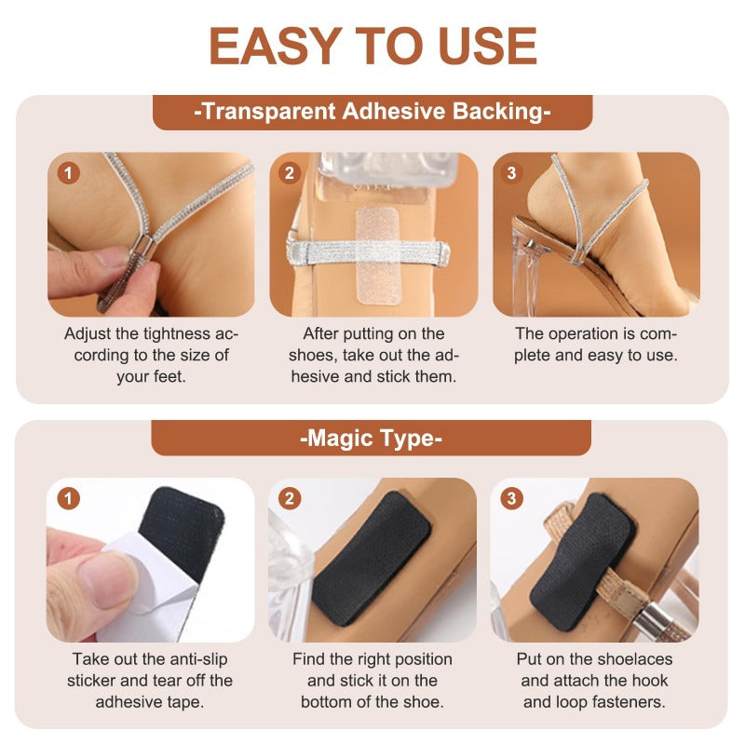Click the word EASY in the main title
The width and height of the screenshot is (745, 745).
(x=275, y=46)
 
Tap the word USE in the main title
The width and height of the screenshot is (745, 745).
(x=487, y=46)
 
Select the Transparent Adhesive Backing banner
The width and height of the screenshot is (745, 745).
(x=372, y=112)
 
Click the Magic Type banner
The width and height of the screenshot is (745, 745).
(x=371, y=438)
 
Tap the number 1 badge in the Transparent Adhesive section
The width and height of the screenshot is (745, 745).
(x=68, y=173)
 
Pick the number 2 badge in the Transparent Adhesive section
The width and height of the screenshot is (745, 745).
(x=290, y=173)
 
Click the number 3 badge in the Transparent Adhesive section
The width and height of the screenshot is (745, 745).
(x=511, y=173)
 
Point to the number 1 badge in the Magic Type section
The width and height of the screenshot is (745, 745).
(x=68, y=499)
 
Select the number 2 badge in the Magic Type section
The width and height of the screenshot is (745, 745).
(x=290, y=499)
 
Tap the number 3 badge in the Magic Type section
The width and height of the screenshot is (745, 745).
(x=511, y=499)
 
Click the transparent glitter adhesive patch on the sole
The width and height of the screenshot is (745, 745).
(x=378, y=255)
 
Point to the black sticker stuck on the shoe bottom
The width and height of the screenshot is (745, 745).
(x=372, y=557)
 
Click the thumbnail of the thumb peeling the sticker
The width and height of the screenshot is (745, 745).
(x=108, y=580)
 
